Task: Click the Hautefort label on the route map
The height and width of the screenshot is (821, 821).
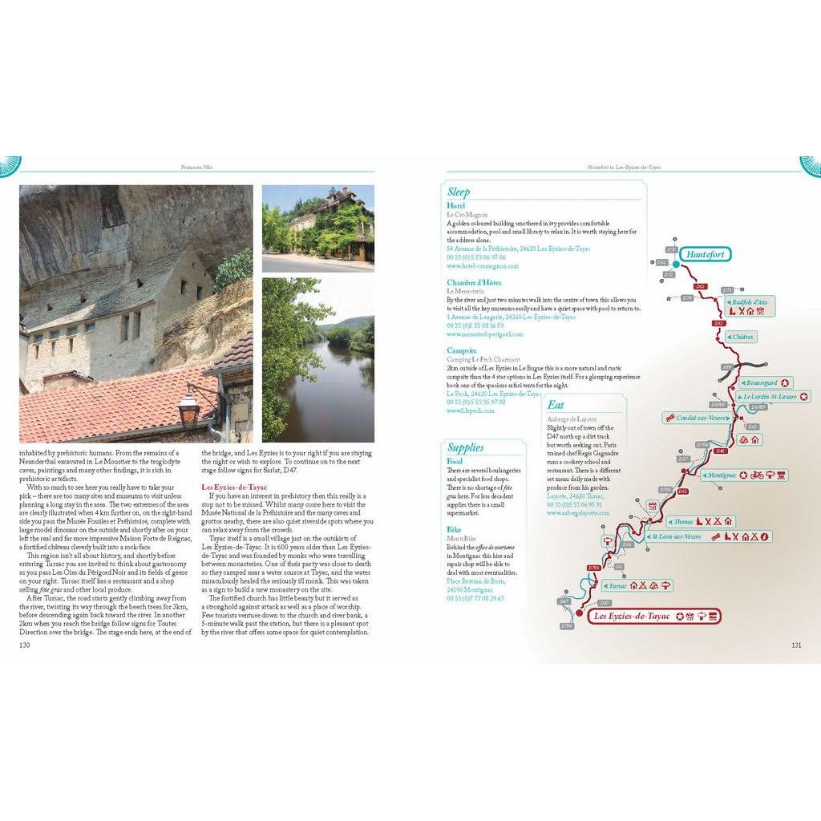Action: point(706,255)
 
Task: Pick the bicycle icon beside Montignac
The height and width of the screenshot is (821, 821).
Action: point(755,475)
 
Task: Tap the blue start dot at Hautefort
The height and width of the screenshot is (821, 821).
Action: point(676,263)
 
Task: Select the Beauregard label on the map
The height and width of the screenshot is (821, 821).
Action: point(760,382)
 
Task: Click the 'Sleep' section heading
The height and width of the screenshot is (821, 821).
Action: point(459,192)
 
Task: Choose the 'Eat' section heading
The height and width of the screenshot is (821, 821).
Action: point(556,406)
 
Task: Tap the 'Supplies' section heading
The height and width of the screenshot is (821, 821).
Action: point(465,447)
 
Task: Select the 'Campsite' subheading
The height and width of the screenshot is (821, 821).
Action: point(462,350)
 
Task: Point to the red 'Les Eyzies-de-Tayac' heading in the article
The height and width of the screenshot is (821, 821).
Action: point(234,487)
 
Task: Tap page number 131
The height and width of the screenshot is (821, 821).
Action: point(796,645)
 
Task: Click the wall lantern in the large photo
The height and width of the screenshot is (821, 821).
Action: point(188,407)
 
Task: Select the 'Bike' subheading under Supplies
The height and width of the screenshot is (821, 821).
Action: point(455,530)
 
